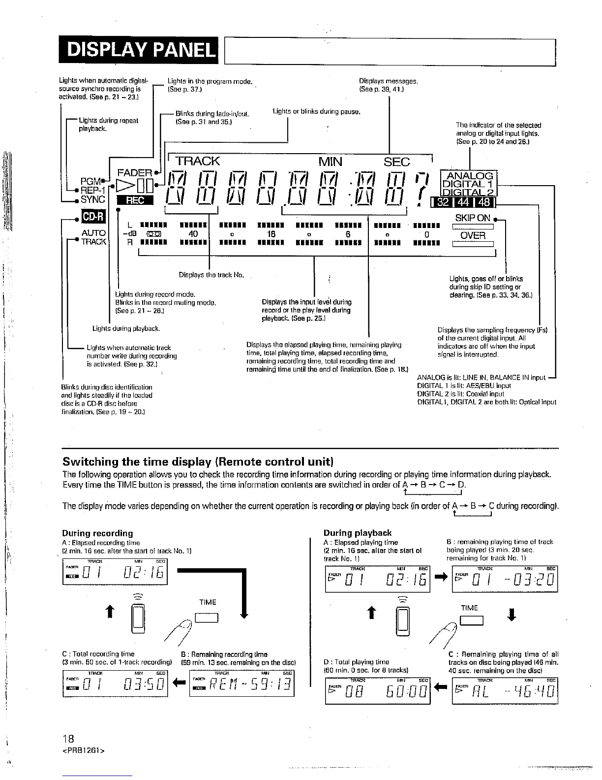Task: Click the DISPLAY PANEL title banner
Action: [137, 50]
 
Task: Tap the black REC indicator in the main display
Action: [135, 199]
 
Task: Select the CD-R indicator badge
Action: [89, 217]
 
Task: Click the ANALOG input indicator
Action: [474, 175]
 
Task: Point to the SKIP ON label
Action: [472, 218]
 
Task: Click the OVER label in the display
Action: [473, 235]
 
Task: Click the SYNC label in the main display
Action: [93, 199]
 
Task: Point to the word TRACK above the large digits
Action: [198, 162]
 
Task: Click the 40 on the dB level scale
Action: [193, 234]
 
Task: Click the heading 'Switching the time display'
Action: [198, 462]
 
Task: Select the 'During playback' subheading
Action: [358, 533]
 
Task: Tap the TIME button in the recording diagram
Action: [207, 617]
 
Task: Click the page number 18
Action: [68, 739]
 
